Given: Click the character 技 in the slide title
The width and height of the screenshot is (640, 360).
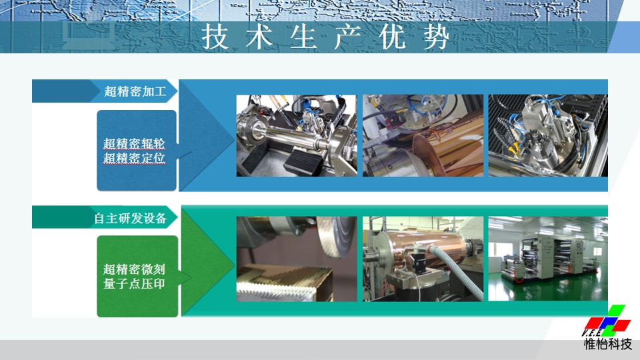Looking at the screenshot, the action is [x=215, y=37].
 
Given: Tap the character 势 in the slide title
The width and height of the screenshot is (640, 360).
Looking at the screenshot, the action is [x=436, y=37].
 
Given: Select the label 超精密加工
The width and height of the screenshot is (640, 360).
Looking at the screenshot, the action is [x=135, y=91].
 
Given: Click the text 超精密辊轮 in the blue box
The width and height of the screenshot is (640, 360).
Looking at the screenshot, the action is [x=134, y=144].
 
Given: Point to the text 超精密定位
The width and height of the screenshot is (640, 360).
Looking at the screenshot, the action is [x=134, y=158].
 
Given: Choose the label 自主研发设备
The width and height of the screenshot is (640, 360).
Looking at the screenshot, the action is [x=130, y=219].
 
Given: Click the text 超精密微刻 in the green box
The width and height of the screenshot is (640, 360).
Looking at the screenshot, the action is [x=134, y=269].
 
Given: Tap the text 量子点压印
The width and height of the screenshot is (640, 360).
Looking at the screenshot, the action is [x=134, y=284].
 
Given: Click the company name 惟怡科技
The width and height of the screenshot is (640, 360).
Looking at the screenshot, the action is [x=608, y=344].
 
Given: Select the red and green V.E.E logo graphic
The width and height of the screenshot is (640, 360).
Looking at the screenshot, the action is [x=606, y=321].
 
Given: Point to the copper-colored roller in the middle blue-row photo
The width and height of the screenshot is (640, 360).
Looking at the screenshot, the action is [x=445, y=151].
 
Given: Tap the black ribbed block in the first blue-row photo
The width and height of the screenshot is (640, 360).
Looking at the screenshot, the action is [x=303, y=161].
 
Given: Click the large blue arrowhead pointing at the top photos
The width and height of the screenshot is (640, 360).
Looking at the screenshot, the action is [x=207, y=135].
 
